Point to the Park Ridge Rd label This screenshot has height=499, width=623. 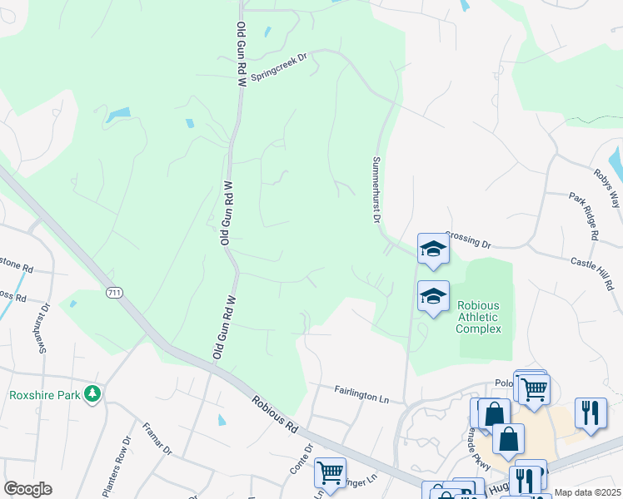[584, 216]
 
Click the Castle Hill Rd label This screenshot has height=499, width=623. [592, 272]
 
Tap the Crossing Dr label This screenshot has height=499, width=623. [469, 240]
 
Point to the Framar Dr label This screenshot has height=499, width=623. [157, 439]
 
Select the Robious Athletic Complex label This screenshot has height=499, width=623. [479, 317]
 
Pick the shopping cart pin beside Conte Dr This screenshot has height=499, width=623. [331, 472]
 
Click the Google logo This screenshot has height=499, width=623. [27, 489]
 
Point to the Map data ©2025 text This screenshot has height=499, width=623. [588, 492]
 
